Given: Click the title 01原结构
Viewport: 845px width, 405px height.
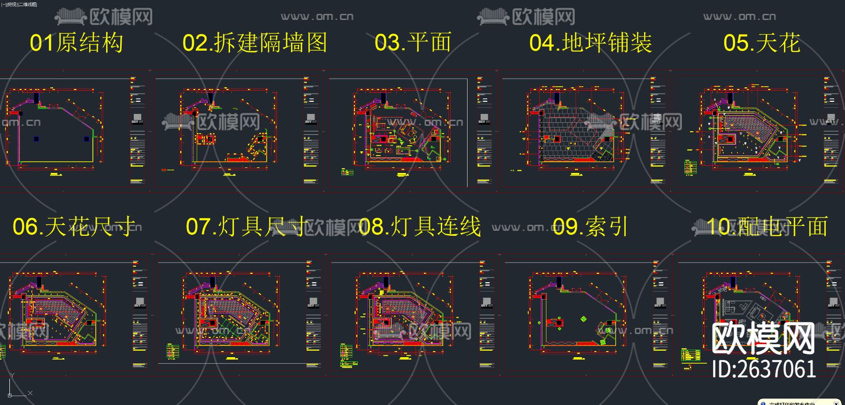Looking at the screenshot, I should click(x=77, y=43).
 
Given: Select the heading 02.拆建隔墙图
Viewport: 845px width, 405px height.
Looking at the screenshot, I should click(x=254, y=43).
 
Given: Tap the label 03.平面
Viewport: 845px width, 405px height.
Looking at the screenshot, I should click(x=413, y=43).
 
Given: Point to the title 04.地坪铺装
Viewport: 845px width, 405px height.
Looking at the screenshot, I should click(x=591, y=43).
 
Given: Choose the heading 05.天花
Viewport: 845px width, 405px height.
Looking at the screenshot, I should click(x=761, y=43).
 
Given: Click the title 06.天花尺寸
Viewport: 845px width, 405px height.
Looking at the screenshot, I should click(x=74, y=227).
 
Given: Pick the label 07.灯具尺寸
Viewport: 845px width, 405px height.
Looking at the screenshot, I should click(x=246, y=227).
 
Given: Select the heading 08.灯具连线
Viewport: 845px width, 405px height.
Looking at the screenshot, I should click(x=420, y=227).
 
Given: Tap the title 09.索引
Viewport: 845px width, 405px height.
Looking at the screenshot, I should click(x=590, y=227).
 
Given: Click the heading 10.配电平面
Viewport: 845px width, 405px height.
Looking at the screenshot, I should click(x=767, y=227).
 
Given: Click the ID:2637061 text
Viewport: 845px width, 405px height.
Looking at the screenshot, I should click(x=764, y=369).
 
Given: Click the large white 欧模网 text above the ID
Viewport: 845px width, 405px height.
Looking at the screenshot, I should click(x=764, y=338).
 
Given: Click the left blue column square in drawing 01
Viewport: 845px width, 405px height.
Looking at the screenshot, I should click(x=37, y=139).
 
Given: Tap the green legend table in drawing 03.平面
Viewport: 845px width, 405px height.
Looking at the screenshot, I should click(x=347, y=172).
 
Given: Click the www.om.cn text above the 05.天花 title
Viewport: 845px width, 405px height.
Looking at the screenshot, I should click(x=739, y=17).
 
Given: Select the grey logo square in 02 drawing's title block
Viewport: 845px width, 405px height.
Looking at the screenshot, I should click(x=311, y=117).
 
